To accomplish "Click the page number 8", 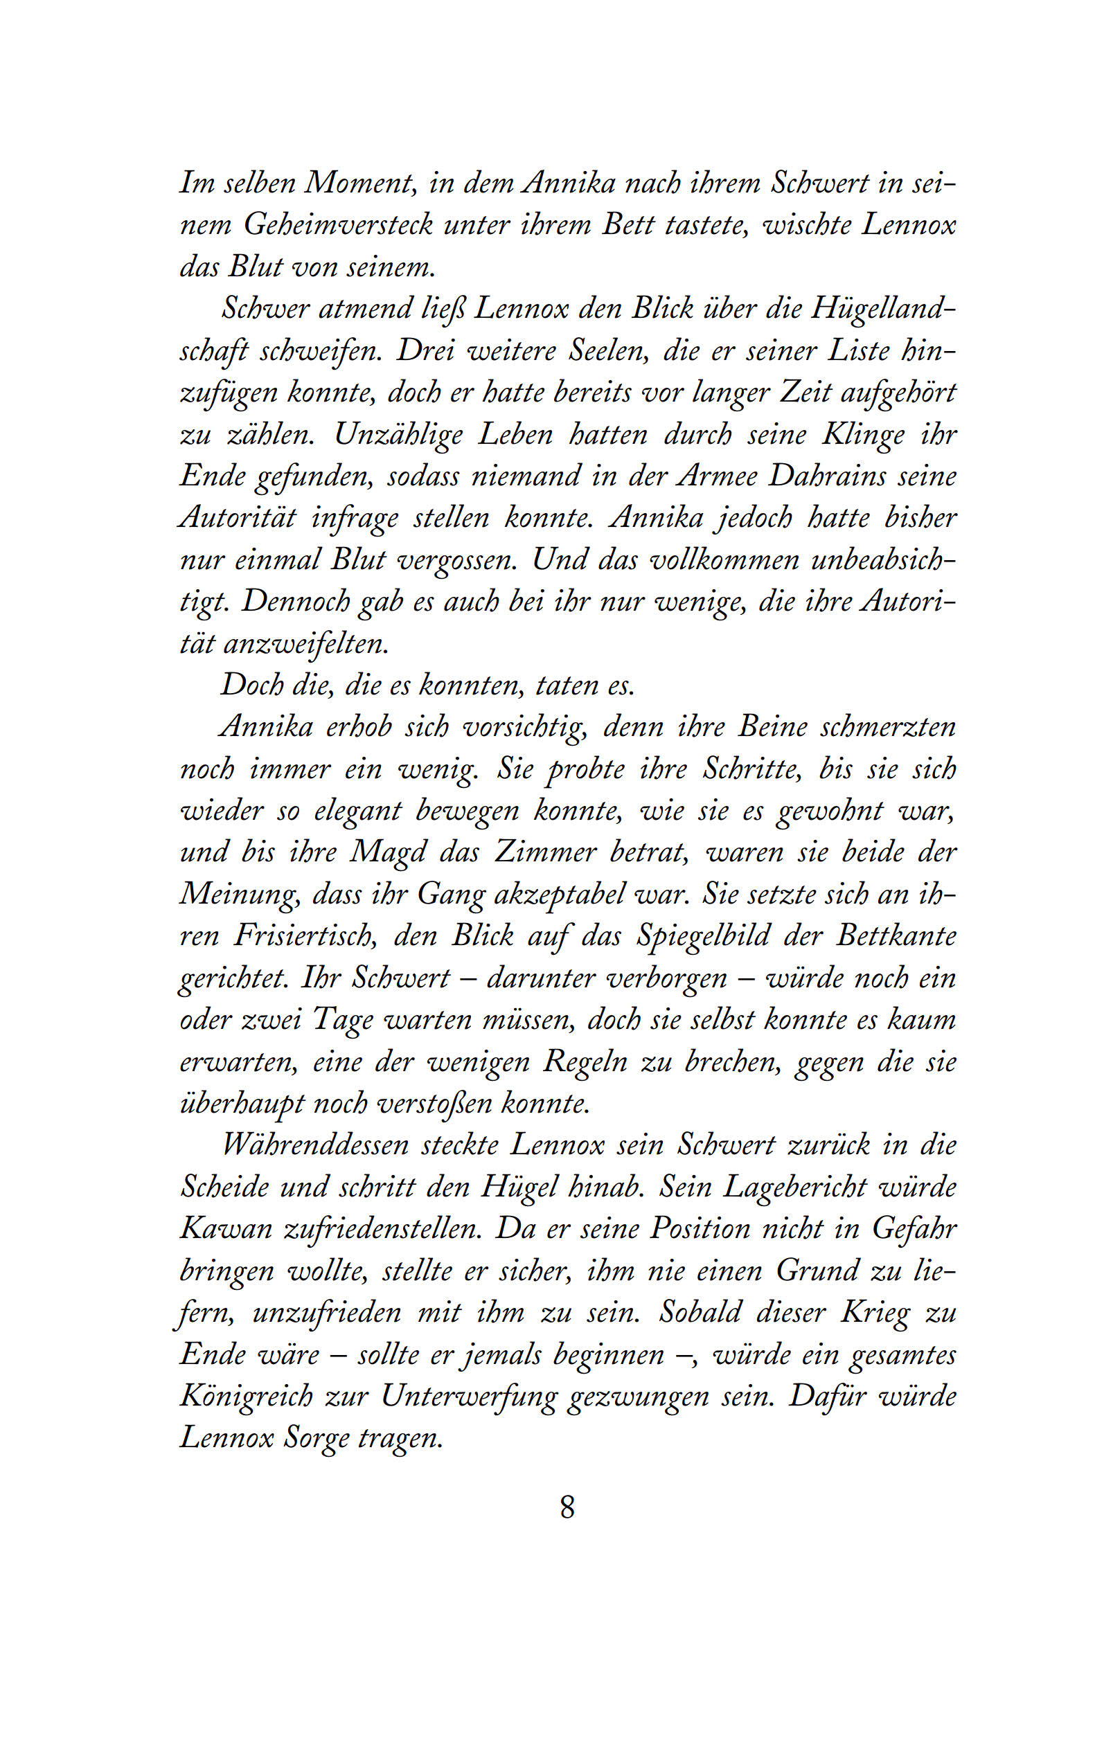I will coord(567,1507).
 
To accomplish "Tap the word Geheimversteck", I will coord(338,225).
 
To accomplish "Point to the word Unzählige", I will coord(398,435).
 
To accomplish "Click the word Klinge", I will coord(864,435).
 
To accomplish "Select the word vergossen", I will coord(456,560).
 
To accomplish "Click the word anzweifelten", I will coord(306,644).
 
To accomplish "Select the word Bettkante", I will coord(896,936).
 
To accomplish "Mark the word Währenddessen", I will coord(314,1145).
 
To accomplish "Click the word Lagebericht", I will coord(794,1187).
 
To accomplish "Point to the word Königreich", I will coord(246,1397).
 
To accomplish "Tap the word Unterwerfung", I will coord(468,1397).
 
